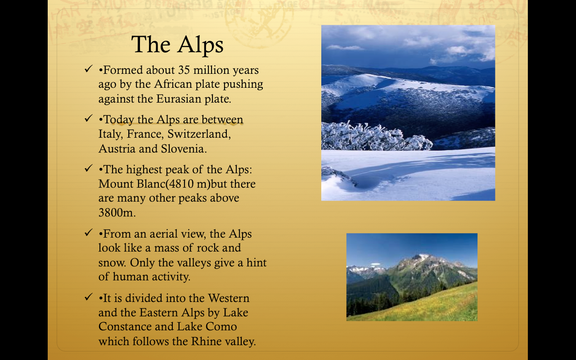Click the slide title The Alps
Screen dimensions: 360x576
click(177, 45)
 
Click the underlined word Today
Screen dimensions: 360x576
click(119, 120)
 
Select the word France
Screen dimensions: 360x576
click(145, 134)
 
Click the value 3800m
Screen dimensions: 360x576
click(117, 212)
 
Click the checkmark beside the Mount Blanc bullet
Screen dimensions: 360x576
click(88, 169)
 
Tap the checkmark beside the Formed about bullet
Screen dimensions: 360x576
click(88, 70)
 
